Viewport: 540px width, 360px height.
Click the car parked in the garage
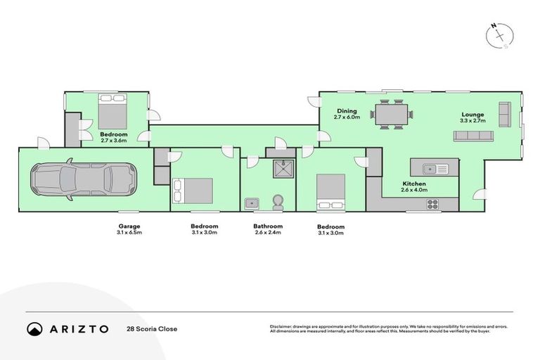coord(84,179)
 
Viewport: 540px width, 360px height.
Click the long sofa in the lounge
coord(473,136)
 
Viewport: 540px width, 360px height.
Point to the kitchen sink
coord(435,168)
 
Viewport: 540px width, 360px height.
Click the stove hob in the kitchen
coord(432,205)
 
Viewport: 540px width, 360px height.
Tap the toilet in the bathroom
coord(278,201)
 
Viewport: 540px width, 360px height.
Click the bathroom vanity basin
coord(252,203)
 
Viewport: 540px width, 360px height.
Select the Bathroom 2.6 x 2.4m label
coord(268,230)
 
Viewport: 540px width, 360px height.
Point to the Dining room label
coord(347,111)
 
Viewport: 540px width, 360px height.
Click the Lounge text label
coord(472,115)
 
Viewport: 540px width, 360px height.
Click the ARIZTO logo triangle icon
coord(34,328)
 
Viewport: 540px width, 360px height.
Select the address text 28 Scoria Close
coord(152,328)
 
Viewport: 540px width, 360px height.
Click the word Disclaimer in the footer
coord(281,326)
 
